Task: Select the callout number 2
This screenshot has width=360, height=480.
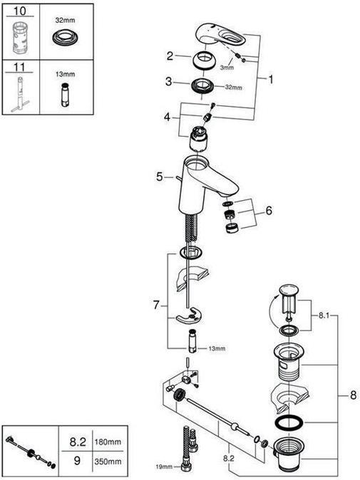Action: (x=169, y=56)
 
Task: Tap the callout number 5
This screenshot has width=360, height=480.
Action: (x=160, y=177)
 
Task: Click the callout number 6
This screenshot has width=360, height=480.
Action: (x=268, y=211)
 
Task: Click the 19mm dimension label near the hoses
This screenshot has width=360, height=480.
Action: (x=165, y=466)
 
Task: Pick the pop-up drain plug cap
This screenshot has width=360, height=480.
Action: (x=287, y=291)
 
